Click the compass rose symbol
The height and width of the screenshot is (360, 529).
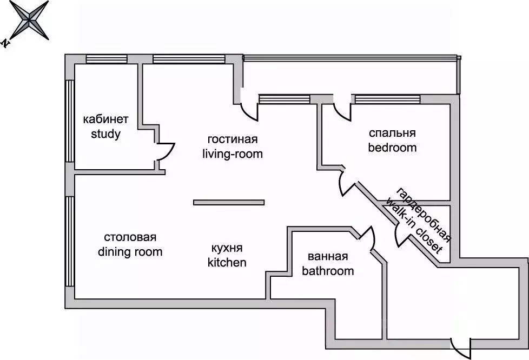coord(30,20)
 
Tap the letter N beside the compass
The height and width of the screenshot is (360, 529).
coord(5,43)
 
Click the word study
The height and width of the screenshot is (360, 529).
coord(105,134)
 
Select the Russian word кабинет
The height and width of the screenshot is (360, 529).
coord(105,119)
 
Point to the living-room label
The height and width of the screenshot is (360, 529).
coord(233,154)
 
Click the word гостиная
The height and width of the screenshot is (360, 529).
coord(233,139)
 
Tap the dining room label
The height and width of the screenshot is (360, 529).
coord(130,251)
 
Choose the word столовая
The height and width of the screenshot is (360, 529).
coord(130,237)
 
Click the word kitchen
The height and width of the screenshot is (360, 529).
coord(227,262)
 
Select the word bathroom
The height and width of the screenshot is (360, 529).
coord(328,271)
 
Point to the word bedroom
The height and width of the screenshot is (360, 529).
coord(392,148)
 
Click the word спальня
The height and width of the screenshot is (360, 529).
coord(392,133)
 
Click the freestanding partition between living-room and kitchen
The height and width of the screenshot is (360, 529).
coord(229,202)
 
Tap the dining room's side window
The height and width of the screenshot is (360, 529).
coord(69,241)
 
